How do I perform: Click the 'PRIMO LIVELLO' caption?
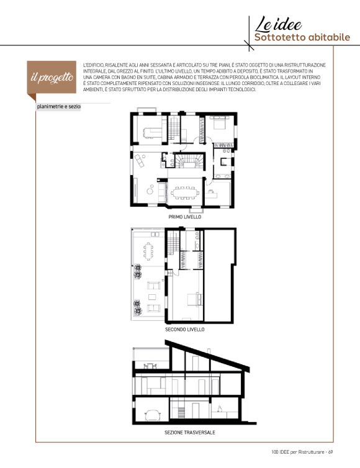pos(185,217)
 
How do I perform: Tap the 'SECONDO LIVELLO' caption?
pos(185,330)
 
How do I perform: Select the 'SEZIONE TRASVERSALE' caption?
pos(190,432)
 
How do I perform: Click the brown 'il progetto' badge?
pos(52,78)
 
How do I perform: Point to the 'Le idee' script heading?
pos(278,24)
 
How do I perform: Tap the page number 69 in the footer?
pos(330,452)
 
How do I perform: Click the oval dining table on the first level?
pos(185,193)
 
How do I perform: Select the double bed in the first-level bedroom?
pos(220,122)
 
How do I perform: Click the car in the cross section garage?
pos(153,415)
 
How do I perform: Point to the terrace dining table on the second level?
pos(148,251)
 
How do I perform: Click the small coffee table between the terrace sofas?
pos(152,297)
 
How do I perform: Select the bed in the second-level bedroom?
pos(195,299)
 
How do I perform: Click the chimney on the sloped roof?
pos(210,350)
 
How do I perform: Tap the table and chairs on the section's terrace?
pos(150,366)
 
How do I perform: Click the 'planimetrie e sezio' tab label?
pos(58,107)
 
